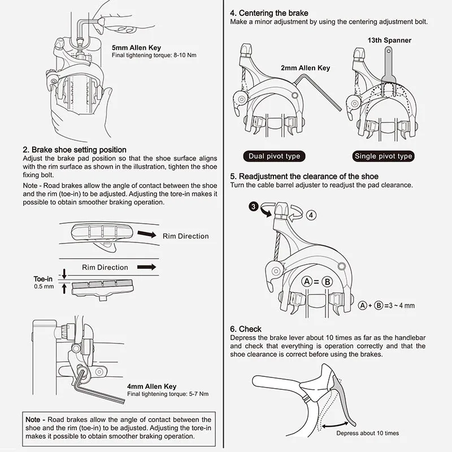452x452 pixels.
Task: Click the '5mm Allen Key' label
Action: point(136,48)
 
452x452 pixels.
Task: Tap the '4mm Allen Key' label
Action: point(151,386)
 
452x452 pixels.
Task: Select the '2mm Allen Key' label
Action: point(305,68)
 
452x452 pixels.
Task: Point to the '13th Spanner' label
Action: point(390,41)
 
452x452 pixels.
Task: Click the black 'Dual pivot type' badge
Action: point(275,156)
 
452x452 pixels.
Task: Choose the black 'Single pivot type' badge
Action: point(383,156)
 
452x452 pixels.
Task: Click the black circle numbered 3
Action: point(254,207)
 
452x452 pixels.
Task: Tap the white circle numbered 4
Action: point(312,215)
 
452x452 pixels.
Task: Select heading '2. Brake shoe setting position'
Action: point(74,150)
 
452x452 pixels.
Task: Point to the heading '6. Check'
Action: point(246,329)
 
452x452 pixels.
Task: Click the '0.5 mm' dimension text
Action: point(44,287)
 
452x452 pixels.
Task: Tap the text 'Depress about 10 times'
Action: point(367,433)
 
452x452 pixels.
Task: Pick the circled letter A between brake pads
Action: point(307,282)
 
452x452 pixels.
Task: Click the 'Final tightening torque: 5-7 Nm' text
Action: point(168,394)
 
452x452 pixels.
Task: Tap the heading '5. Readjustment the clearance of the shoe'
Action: point(304,176)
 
